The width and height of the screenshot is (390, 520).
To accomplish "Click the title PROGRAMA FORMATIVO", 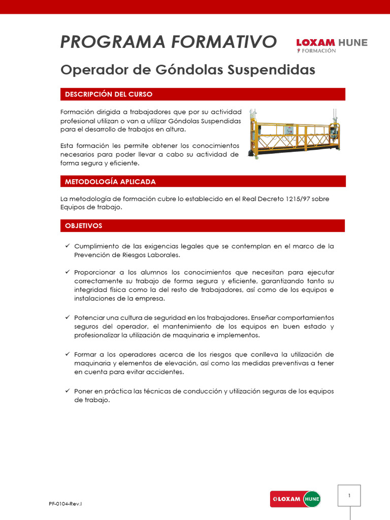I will (168, 42).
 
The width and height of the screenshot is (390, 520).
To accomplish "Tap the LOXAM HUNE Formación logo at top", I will (332, 45).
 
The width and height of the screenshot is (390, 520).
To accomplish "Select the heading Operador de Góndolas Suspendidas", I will (187, 70).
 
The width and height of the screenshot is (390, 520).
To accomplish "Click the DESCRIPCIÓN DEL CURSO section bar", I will (203, 94).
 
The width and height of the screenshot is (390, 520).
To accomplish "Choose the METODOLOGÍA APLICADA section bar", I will (203, 181).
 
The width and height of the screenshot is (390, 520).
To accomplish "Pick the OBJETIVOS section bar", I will (203, 225).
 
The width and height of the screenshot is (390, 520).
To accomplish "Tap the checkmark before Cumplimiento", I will (67, 246).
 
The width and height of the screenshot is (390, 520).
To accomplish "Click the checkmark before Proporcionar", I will (67, 272).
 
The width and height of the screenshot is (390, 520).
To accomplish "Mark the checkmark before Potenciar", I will (67, 317).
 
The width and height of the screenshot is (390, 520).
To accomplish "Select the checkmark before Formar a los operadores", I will (67, 353).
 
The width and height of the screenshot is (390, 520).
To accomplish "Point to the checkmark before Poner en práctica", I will (67, 391).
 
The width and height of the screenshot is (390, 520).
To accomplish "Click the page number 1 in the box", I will (349, 495).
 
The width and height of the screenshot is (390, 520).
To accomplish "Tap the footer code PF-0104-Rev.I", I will (66, 503).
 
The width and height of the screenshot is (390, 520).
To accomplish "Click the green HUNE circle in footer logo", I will (311, 499).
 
